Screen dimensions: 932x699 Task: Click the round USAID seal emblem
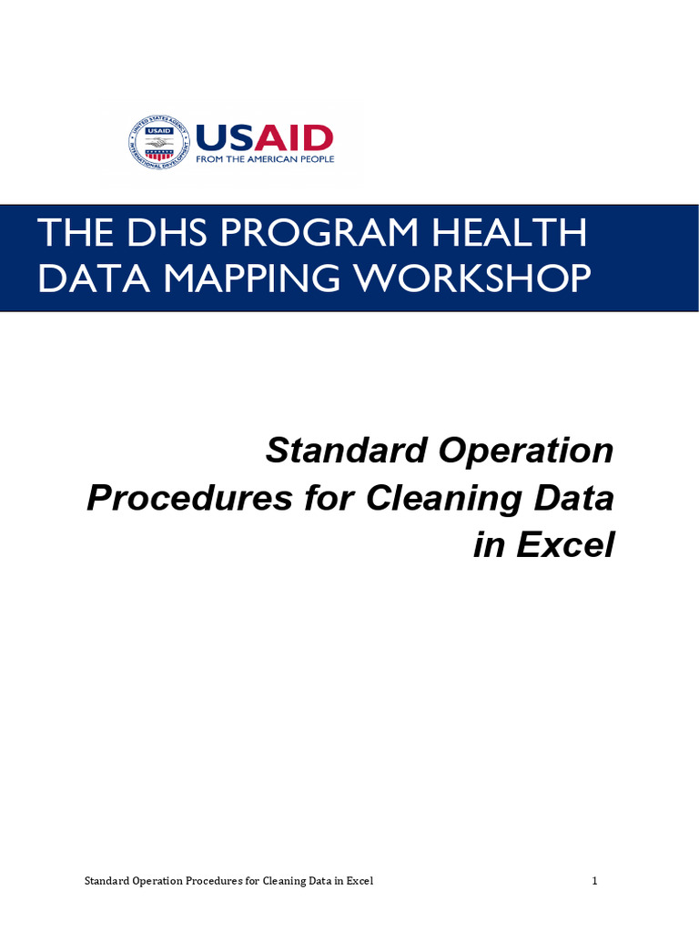click(160, 142)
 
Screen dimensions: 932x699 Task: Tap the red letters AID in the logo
click(293, 138)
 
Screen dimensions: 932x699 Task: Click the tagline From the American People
click(265, 159)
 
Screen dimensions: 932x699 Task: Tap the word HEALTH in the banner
click(510, 234)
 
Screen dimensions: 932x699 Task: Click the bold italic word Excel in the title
click(565, 545)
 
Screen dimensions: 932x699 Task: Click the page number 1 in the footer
click(594, 881)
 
